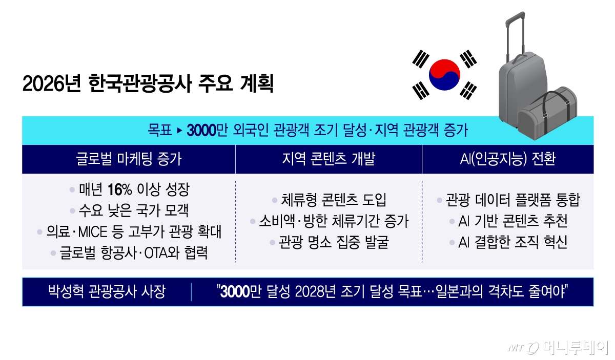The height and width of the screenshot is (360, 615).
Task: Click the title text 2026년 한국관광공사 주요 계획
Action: (148, 83)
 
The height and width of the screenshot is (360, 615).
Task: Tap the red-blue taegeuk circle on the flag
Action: (444, 74)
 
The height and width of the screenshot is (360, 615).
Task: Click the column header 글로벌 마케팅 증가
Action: (128, 159)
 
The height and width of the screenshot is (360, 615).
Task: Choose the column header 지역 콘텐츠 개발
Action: (329, 159)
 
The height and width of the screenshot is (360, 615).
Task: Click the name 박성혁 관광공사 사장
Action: (106, 292)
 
